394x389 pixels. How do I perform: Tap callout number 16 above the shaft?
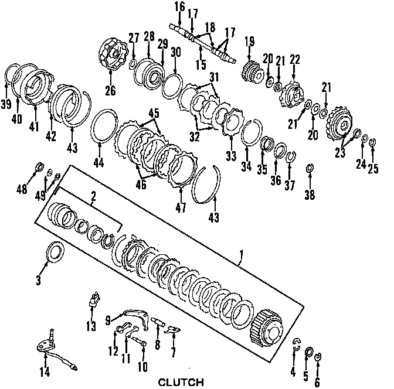click(179, 6)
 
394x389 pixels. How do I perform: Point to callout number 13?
click(90, 326)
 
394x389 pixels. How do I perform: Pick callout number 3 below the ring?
click(39, 281)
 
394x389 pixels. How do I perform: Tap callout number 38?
click(309, 194)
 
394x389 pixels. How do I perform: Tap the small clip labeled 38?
click(309, 170)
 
